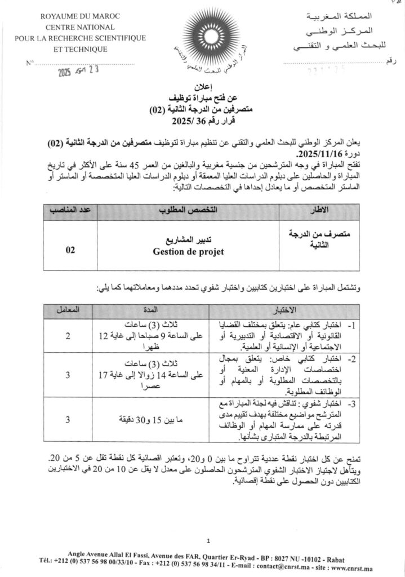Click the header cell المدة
[x=153, y=309]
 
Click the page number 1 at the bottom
[x=208, y=542]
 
